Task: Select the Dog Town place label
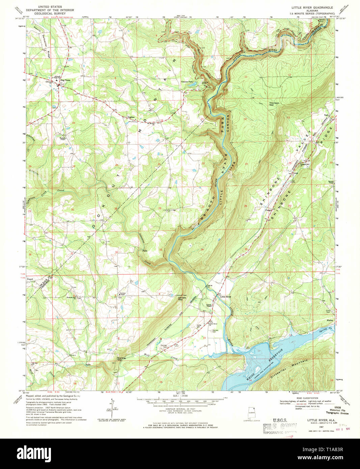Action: coord(65,80)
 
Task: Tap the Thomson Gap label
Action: coord(274,104)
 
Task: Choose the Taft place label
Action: coord(326,115)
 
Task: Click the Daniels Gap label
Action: coord(182,299)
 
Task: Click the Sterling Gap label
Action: coord(121,359)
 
